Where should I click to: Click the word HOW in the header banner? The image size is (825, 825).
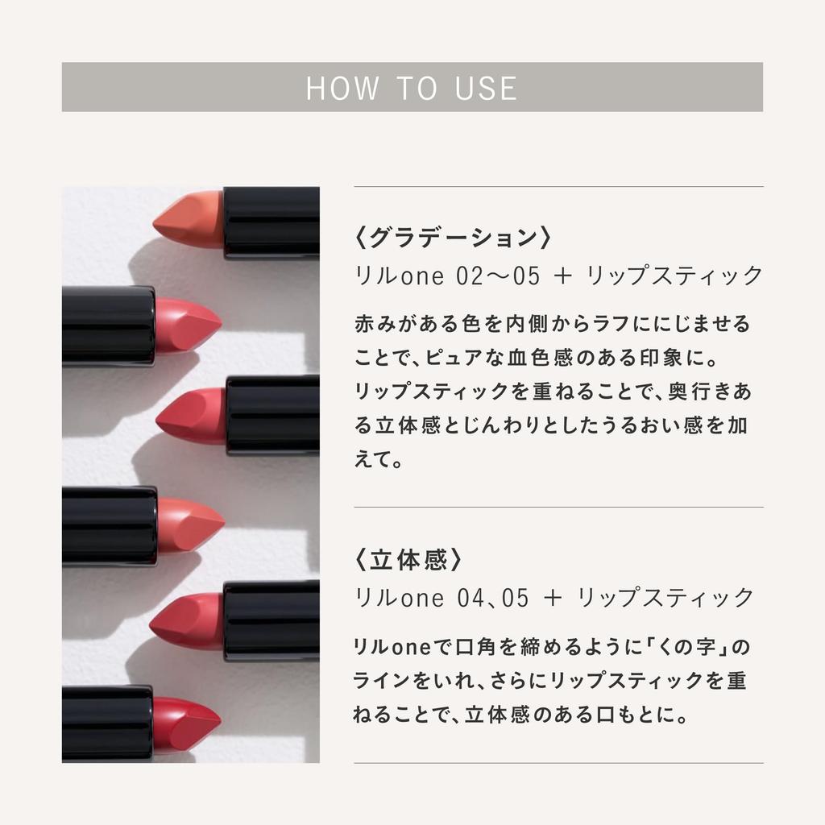tap(342, 88)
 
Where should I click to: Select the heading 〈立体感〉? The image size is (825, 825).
tap(409, 560)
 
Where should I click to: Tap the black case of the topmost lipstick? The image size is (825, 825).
tap(271, 222)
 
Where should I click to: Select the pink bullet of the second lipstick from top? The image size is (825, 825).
tap(186, 325)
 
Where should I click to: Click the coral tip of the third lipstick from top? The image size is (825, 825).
tap(192, 415)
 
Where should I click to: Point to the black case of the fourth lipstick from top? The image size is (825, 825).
tap(109, 526)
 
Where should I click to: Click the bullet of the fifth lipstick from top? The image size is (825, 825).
tap(187, 620)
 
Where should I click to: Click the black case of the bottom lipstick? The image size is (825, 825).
tap(106, 723)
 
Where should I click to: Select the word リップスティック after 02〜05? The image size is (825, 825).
tap(674, 276)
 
